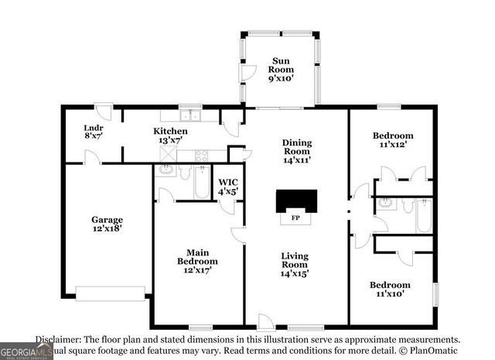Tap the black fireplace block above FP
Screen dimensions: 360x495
(297, 201)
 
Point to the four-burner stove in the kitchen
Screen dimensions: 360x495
(203, 154)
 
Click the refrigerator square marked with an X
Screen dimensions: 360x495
(166, 154)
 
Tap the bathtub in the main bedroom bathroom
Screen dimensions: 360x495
(201, 183)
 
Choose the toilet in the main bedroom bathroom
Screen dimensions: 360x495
(186, 172)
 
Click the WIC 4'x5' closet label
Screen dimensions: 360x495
(227, 187)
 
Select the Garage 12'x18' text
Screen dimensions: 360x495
(107, 224)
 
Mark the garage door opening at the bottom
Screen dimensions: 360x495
(110, 293)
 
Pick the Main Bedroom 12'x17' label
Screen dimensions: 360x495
(196, 261)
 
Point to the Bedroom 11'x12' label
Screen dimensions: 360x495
(392, 140)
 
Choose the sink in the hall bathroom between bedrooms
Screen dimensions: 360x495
(387, 204)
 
